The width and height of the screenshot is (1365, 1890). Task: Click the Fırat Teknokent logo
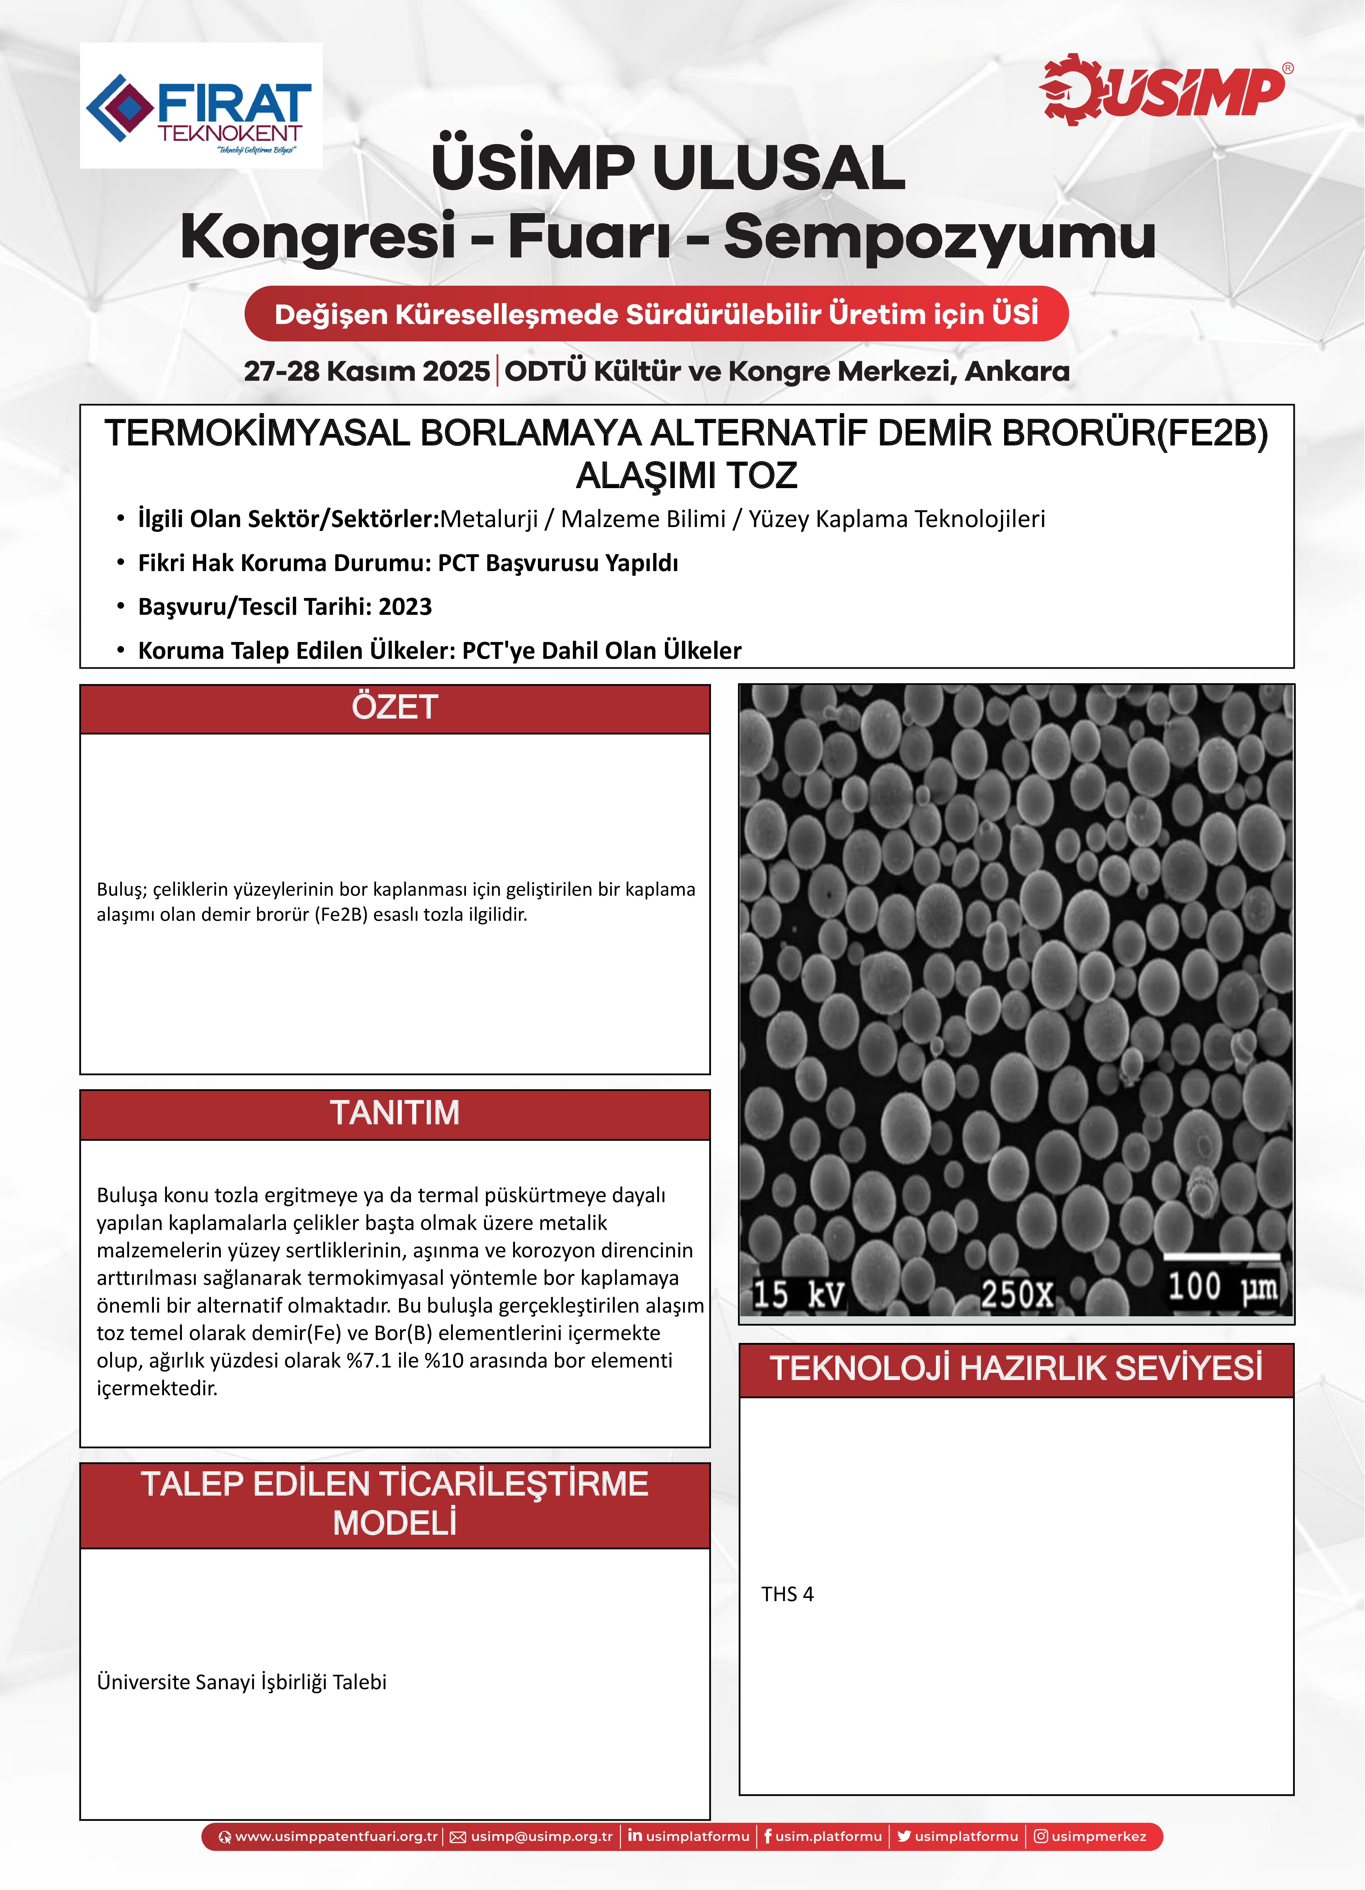tap(201, 106)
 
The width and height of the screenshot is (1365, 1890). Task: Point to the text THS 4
tap(787, 1594)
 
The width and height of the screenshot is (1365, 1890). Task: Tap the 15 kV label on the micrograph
tap(797, 1294)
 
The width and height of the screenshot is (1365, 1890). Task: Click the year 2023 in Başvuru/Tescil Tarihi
tap(405, 607)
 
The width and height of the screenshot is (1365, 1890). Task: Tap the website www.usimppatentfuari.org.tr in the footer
tap(335, 1837)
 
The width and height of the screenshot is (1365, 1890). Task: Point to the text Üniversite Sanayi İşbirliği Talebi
tap(242, 1682)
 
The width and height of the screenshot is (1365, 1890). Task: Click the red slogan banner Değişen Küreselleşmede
tap(656, 314)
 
